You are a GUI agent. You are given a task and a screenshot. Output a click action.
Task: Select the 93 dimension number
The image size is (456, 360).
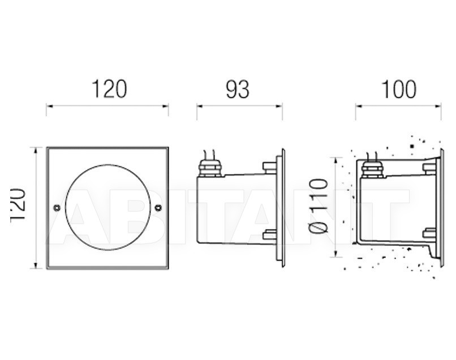[x=238, y=89]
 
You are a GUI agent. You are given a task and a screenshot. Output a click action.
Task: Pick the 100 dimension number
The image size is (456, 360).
[x=398, y=89]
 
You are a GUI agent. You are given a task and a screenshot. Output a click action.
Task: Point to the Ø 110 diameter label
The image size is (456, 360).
[x=319, y=206]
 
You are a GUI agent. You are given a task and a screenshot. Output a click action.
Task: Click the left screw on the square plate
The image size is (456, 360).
[x=57, y=208]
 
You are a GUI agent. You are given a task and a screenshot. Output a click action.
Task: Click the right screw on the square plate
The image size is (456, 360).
[x=158, y=208]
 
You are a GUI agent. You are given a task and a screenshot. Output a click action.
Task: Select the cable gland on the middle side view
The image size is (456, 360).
[x=209, y=169]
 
